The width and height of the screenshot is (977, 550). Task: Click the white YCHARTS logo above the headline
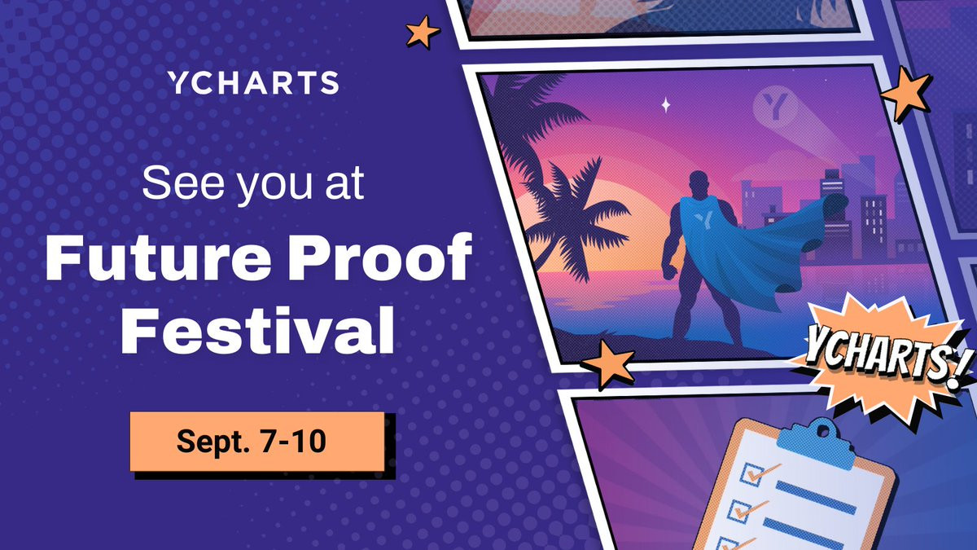(x=253, y=82)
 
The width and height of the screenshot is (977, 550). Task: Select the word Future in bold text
(x=158, y=257)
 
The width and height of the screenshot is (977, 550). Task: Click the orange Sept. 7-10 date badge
(x=257, y=442)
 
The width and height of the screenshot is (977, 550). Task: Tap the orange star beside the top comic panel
(x=423, y=32)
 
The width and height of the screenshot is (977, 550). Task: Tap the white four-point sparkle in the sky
(x=666, y=105)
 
